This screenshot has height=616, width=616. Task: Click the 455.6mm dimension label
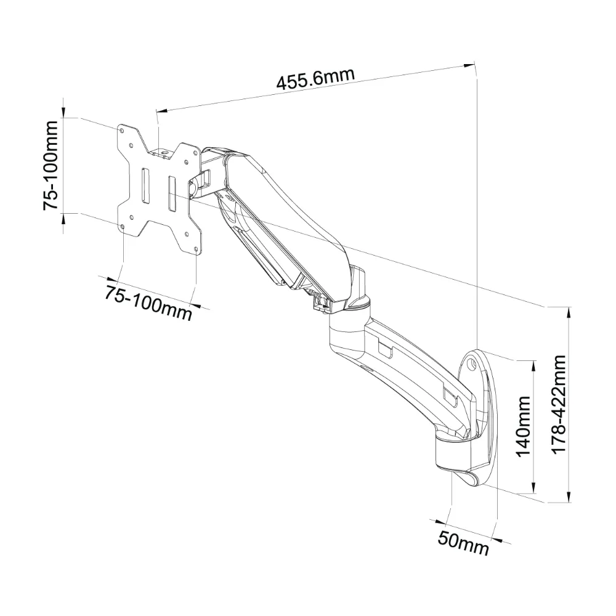tap(315, 79)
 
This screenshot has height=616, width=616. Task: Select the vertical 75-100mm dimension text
tap(51, 165)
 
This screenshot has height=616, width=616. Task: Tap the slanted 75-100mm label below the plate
tap(148, 302)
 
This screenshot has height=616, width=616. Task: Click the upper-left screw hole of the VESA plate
tap(122, 129)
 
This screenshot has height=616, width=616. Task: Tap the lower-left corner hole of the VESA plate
tap(124, 227)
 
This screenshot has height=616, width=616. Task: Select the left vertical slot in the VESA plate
tap(145, 186)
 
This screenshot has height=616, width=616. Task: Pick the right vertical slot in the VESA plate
tap(172, 193)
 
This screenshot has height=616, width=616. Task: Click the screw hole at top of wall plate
tap(472, 364)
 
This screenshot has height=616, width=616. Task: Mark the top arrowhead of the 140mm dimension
tap(533, 365)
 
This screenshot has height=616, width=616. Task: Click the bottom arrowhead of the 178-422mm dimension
tap(569, 496)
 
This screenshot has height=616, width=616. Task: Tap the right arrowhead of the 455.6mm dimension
tap(469, 65)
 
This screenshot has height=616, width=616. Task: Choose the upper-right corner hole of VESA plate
tap(194, 150)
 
